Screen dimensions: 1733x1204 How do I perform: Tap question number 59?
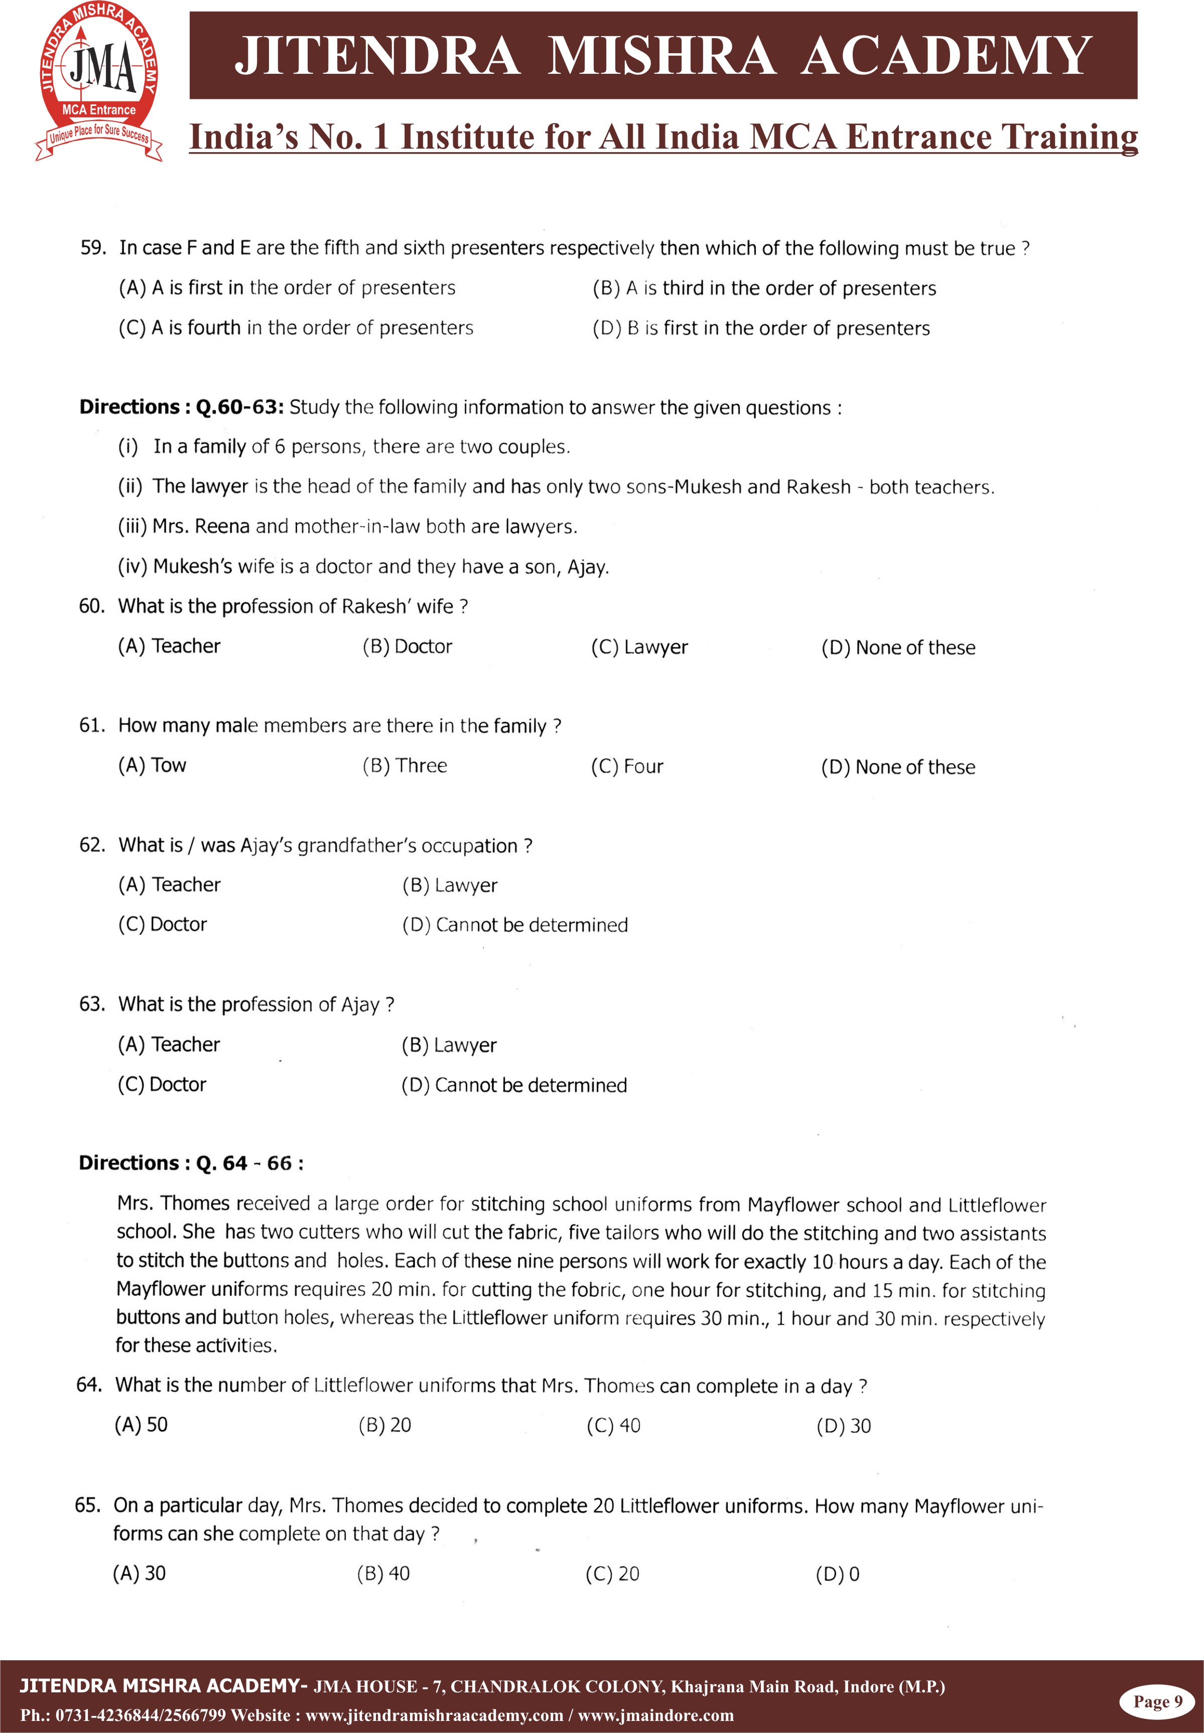(93, 248)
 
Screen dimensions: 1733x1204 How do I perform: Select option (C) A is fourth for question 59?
(296, 327)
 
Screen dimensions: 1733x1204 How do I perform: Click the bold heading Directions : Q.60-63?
(181, 408)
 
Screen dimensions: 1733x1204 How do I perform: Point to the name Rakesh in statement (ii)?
(818, 486)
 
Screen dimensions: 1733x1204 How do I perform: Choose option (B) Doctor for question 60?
(408, 647)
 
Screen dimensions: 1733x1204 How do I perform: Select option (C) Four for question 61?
(627, 767)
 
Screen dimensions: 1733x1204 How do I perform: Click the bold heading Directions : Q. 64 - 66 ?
(192, 1163)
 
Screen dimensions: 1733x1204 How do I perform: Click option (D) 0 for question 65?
(837, 1574)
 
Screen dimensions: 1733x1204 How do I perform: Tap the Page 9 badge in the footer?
(1157, 1701)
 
